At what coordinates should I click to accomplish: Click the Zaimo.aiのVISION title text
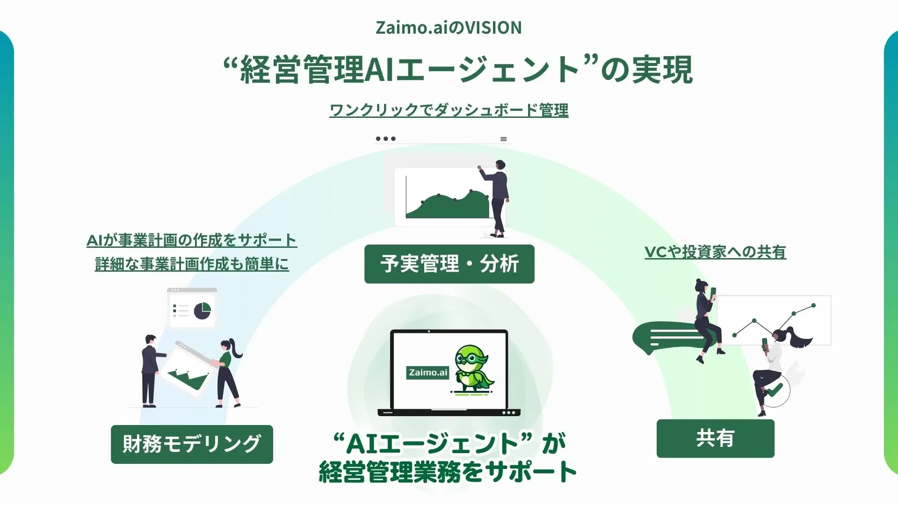(x=449, y=28)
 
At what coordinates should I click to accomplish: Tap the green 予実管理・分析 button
(x=449, y=264)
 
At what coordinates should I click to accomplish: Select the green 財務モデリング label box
(x=192, y=444)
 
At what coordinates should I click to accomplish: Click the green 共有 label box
(x=715, y=439)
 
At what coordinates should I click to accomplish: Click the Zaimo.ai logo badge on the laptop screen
(x=427, y=372)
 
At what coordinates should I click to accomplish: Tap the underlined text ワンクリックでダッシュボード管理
(x=449, y=110)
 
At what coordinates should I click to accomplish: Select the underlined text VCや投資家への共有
(x=715, y=252)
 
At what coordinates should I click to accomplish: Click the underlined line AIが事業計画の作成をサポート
(x=192, y=240)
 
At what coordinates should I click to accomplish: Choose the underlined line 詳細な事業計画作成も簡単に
(x=192, y=264)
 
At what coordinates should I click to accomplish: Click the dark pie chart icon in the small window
(x=203, y=310)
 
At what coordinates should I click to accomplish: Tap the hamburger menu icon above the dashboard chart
(x=503, y=139)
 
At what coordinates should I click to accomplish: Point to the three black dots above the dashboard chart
(x=386, y=139)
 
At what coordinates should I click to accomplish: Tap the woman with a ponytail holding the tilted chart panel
(x=228, y=372)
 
